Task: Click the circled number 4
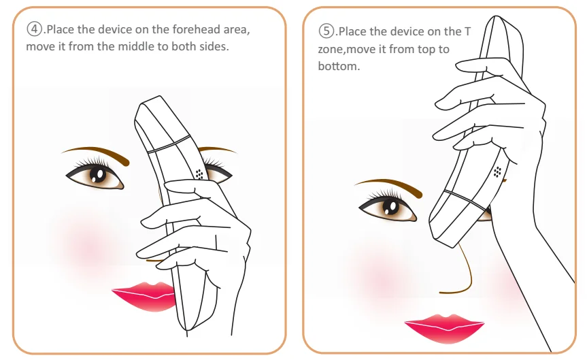click(34, 29)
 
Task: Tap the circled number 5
click(326, 31)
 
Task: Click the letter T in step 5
click(467, 31)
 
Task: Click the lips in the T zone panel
click(445, 328)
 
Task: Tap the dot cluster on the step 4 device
click(199, 174)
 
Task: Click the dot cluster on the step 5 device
click(497, 171)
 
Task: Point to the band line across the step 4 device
click(169, 144)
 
